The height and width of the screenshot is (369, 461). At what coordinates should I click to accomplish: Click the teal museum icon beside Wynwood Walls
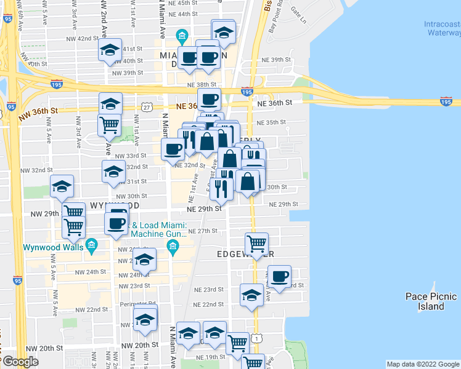pos(92,247)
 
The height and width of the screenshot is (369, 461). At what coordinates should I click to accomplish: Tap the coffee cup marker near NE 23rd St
pos(279,276)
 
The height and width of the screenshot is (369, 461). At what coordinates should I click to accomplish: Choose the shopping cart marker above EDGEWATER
pos(256,243)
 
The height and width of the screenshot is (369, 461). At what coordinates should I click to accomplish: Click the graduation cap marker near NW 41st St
pos(110,50)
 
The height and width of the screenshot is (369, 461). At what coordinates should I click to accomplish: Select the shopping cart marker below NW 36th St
pos(110,124)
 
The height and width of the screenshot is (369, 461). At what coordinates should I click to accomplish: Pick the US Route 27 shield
pos(146,107)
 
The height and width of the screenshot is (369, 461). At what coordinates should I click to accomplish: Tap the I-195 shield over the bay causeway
pos(446,100)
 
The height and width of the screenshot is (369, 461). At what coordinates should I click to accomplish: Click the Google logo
pos(21,361)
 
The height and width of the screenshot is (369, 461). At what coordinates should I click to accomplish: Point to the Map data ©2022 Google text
pos(422,364)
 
